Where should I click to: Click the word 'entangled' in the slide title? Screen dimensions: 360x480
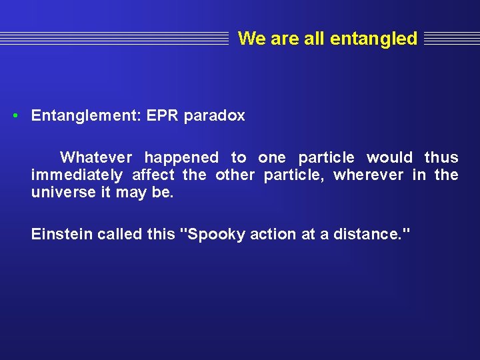pyautogui.click(x=373, y=39)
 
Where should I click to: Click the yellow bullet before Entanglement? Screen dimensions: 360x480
pyautogui.click(x=15, y=115)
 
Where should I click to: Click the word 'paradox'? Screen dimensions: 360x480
pyautogui.click(x=214, y=116)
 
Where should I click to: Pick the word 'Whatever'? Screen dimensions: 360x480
pyautogui.click(x=96, y=158)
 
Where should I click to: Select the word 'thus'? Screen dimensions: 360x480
pyautogui.click(x=441, y=158)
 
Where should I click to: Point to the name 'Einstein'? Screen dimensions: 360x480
pyautogui.click(x=62, y=234)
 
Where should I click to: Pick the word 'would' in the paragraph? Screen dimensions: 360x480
pyautogui.click(x=389, y=158)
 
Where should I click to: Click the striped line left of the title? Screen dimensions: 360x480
pyautogui.click(x=113, y=39)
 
